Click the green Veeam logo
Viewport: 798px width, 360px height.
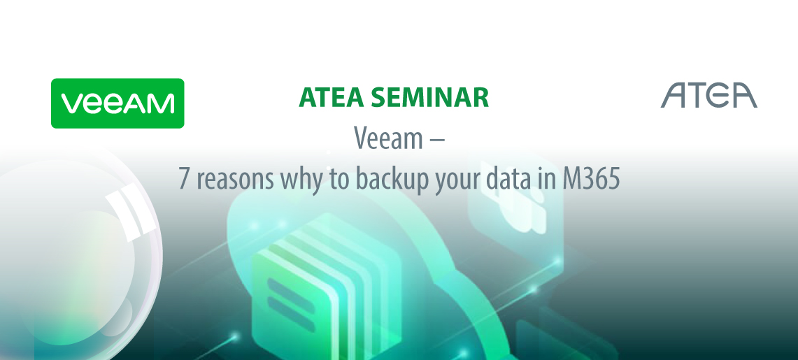click(117, 103)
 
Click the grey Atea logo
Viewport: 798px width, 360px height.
click(709, 95)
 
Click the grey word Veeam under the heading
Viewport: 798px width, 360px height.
click(388, 138)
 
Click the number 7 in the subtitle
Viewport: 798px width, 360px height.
click(185, 179)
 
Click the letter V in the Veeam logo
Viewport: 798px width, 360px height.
click(71, 103)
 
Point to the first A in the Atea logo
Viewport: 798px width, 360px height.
click(674, 95)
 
